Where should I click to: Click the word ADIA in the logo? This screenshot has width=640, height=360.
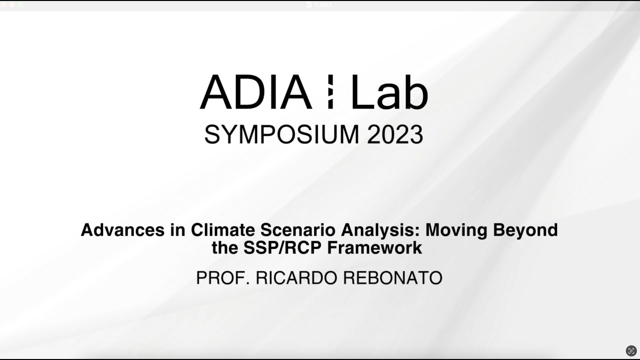(x=255, y=92)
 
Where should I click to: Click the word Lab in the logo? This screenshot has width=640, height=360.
(x=389, y=92)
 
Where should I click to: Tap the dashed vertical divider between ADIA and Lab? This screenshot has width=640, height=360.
(x=330, y=92)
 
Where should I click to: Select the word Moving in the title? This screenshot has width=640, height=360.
(x=456, y=230)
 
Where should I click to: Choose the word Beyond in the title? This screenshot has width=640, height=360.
(x=525, y=230)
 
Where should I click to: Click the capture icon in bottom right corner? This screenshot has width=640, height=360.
(x=631, y=350)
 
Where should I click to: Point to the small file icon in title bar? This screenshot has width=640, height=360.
(x=309, y=4)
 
